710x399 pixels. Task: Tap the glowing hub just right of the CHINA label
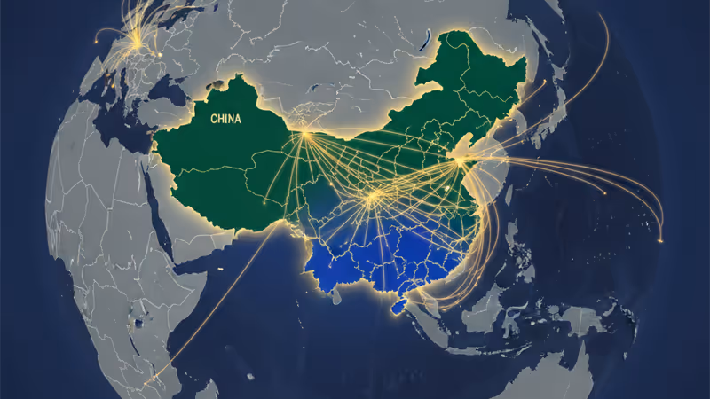click(304, 133)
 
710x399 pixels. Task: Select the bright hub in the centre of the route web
click(374, 197)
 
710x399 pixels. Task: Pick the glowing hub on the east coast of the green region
click(460, 160)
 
